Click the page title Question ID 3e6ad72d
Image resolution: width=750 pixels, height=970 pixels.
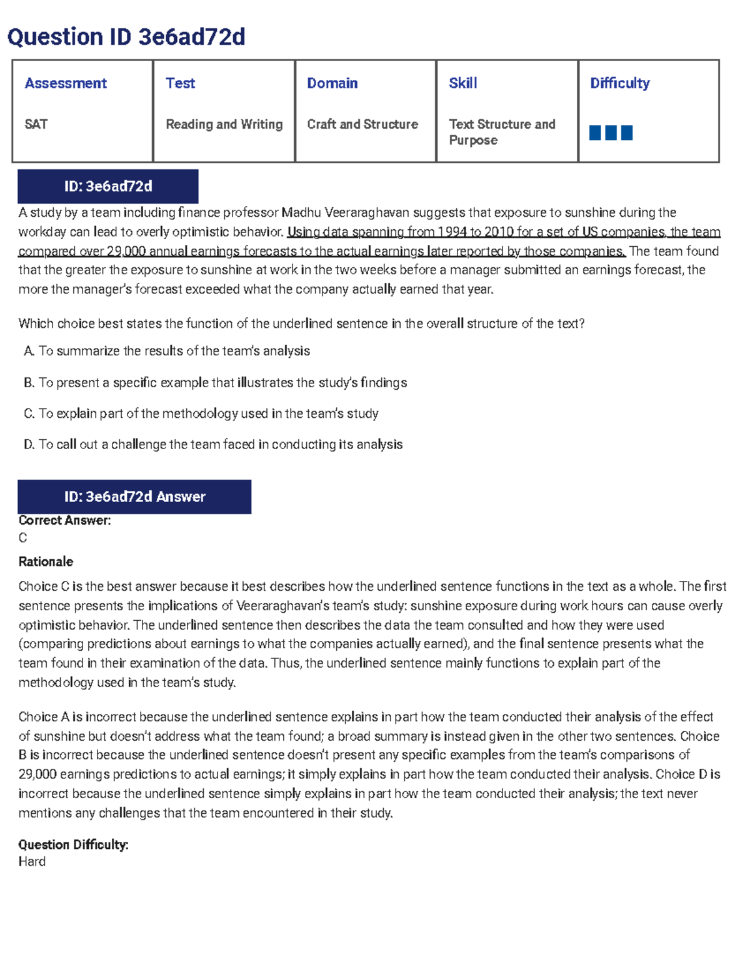(126, 37)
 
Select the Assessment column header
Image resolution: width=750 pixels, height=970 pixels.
(66, 83)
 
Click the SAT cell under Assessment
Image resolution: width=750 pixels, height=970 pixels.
(36, 124)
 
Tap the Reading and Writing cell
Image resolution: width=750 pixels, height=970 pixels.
(224, 124)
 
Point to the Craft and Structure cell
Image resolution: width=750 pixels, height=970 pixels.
(362, 124)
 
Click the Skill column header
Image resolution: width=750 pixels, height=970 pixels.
(462, 83)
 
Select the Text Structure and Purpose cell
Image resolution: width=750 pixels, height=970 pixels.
(501, 132)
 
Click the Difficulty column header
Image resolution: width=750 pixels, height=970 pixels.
(619, 83)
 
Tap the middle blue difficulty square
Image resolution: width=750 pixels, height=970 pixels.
(611, 132)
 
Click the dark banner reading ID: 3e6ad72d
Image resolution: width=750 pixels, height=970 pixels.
(107, 186)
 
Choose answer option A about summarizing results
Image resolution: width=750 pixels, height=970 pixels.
(167, 351)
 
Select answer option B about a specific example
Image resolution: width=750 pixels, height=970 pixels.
(216, 382)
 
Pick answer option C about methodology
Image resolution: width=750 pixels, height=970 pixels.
(201, 413)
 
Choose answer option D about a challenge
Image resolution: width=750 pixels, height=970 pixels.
(213, 445)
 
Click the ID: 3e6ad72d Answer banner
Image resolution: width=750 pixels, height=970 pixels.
(134, 497)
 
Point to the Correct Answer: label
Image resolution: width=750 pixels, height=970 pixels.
(64, 520)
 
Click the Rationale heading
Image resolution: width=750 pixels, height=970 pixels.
(46, 562)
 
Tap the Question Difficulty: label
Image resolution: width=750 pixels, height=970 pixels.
(73, 844)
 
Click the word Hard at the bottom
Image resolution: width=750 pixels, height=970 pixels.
(32, 862)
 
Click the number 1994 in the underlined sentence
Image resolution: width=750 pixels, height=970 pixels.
(451, 232)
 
